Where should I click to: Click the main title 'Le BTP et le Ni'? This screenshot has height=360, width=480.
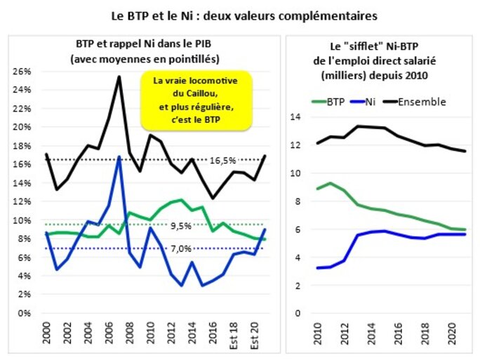(x=239, y=13)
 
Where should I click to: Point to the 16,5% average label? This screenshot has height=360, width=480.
(x=222, y=161)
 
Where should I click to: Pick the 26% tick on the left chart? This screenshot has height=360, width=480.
(x=23, y=72)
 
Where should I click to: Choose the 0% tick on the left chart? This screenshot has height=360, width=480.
(x=26, y=314)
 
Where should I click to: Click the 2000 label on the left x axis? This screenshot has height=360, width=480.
(x=47, y=333)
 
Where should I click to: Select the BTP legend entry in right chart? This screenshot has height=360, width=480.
(x=334, y=101)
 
